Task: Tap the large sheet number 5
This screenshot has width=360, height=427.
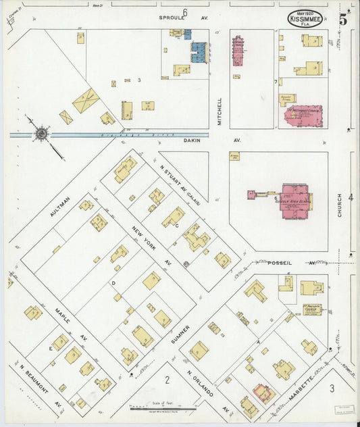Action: tap(343, 20)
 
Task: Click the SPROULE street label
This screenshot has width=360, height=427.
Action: tap(172, 18)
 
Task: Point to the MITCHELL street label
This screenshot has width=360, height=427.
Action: tap(220, 111)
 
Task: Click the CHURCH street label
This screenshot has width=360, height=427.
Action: tap(340, 206)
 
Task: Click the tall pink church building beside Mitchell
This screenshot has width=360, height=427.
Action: tap(238, 51)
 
